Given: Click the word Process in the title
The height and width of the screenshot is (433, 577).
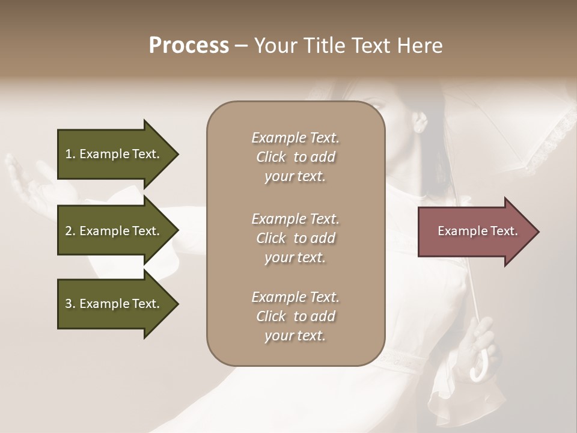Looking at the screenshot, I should tap(189, 46).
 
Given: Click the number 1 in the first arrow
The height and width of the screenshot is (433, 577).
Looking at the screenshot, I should tap(68, 154).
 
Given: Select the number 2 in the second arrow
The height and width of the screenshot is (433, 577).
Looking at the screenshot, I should tap(68, 231).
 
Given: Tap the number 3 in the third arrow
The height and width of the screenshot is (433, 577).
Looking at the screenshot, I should tap(68, 304).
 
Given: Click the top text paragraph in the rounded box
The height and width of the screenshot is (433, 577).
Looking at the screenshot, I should tap(295, 157).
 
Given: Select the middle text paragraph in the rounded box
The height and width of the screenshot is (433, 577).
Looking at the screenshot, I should tap(295, 238).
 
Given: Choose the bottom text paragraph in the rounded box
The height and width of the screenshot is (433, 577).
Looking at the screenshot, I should tap(295, 316).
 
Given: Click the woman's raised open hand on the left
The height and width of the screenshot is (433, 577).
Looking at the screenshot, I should tap(27, 180).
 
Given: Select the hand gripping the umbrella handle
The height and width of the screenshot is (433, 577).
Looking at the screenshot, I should tap(484, 343).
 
